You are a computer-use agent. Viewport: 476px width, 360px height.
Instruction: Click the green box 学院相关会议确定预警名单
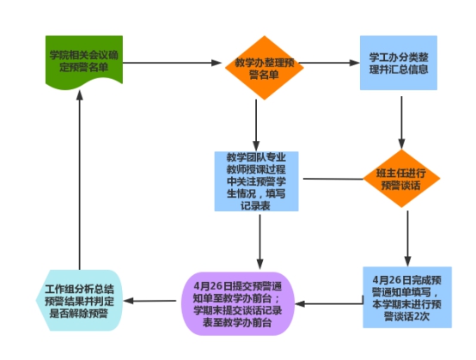[84, 62]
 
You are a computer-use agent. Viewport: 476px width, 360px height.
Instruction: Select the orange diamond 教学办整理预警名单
[265, 68]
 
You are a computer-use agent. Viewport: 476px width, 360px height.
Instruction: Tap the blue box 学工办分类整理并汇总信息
[399, 63]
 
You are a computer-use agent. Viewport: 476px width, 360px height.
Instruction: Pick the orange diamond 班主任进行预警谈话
[401, 179]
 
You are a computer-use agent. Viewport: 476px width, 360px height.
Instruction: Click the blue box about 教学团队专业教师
[257, 181]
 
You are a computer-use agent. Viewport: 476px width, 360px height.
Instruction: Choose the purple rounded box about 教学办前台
[238, 303]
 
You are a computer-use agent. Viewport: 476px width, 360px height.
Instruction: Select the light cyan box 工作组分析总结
[79, 300]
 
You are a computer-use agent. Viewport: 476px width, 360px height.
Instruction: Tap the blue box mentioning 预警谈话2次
[407, 297]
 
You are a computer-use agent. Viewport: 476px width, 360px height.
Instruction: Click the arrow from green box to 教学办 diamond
[172, 63]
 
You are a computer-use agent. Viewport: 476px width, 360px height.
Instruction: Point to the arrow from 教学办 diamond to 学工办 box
[329, 63]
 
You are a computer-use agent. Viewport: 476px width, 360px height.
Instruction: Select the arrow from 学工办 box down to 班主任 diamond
[401, 123]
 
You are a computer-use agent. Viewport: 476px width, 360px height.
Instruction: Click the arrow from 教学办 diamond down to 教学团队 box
[256, 125]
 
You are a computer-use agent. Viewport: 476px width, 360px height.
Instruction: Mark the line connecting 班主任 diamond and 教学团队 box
[333, 179]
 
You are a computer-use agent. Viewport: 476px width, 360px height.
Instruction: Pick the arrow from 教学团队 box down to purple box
[259, 242]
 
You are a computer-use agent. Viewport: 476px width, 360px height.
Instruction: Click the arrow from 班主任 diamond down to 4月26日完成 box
[408, 239]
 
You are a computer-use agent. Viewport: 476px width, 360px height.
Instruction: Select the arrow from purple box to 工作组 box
[150, 301]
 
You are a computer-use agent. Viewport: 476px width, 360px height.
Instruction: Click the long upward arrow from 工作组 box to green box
[80, 180]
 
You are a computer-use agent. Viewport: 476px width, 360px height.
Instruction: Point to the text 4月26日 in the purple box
[208, 286]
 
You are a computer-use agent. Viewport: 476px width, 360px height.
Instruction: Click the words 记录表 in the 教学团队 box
[255, 206]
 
